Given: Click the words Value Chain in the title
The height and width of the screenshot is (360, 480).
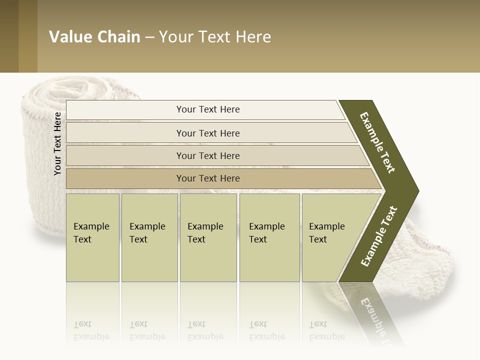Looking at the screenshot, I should (94, 37).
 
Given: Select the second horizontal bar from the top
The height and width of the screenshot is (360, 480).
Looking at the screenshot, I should (207, 133).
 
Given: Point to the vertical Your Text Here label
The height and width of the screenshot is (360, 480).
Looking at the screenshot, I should (57, 143).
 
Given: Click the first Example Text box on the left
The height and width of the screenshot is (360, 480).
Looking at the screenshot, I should (92, 237).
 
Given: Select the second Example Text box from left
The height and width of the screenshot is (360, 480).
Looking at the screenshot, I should (149, 237).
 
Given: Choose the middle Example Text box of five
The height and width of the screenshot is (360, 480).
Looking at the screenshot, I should (208, 237).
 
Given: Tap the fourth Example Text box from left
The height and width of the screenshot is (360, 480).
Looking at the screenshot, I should (269, 237).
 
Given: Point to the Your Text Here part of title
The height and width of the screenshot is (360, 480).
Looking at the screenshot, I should (215, 37).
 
